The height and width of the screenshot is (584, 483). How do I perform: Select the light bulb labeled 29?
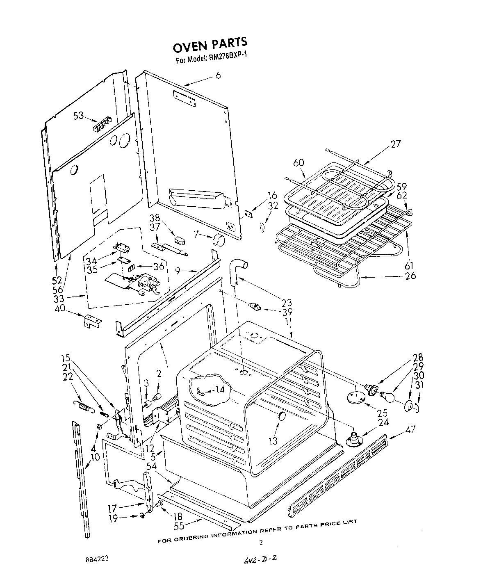tap(387, 397)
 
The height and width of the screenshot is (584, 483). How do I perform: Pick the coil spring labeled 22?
tap(84, 407)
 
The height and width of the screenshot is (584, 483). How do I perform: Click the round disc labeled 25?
tap(355, 397)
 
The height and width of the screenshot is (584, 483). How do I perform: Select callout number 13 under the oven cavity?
tap(273, 441)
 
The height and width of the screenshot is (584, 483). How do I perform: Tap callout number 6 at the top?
tap(218, 75)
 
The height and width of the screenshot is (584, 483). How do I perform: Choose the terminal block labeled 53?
tap(103, 124)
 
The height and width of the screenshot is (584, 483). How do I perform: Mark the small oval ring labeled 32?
tap(262, 227)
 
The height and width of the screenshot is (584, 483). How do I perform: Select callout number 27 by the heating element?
tap(396, 144)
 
